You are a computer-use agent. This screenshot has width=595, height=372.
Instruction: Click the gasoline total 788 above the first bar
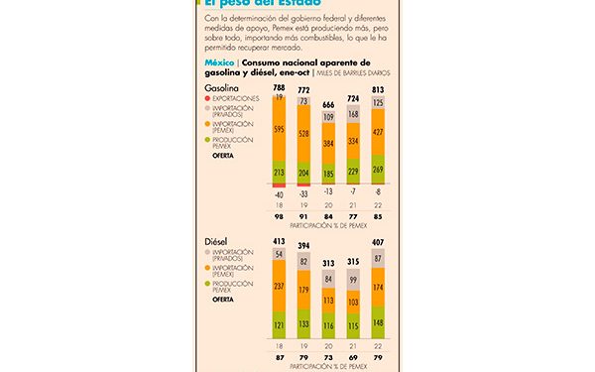279,88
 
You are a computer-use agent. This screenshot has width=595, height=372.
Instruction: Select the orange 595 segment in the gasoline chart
279,128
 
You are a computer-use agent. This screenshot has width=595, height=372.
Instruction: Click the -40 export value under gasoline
279,194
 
